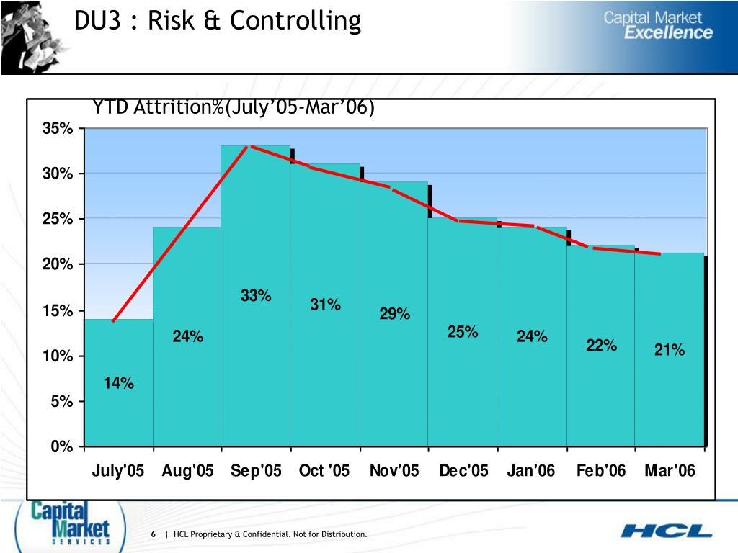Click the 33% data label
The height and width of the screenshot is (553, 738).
coord(256,296)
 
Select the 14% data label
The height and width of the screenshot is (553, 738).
coord(118,383)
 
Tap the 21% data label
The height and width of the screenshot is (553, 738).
coord(669,350)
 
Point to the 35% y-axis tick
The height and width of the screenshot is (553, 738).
coord(58,129)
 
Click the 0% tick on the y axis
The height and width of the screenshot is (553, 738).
coord(61,447)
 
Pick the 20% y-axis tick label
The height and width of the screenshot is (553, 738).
coord(58,265)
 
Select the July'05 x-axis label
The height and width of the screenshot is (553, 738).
coord(118,471)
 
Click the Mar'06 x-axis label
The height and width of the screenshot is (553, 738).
coord(670,471)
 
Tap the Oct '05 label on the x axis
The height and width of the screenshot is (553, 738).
coord(324,471)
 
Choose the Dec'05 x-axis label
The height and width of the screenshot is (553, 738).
coord(463,471)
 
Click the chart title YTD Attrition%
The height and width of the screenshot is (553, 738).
coord(233,107)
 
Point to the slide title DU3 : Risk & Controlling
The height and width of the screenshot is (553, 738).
coord(217,21)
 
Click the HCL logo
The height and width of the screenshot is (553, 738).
coord(666,531)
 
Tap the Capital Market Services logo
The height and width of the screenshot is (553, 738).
coord(70,523)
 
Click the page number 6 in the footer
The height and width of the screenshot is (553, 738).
coord(154,534)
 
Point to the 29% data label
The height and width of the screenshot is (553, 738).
coord(395,314)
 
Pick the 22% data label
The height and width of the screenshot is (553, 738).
coord(601,346)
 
